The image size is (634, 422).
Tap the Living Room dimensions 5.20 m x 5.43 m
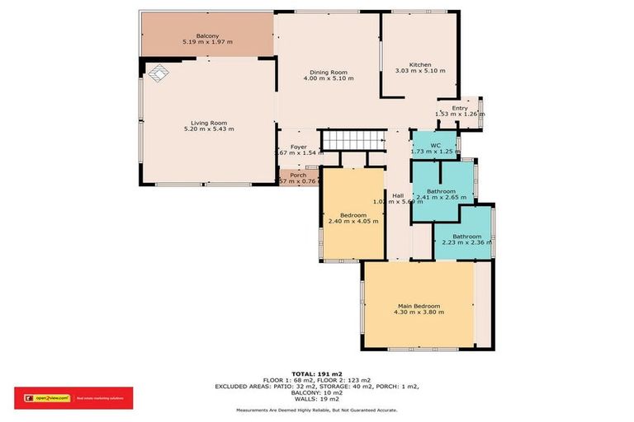(x=208, y=129)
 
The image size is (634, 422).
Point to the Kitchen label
(x=420, y=64)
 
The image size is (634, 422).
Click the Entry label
(x=459, y=108)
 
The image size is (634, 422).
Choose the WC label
(x=435, y=145)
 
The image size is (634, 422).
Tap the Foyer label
(x=298, y=147)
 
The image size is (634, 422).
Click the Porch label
(x=298, y=175)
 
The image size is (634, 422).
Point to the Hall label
(x=398, y=195)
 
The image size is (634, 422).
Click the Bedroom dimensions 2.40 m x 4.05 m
(x=353, y=221)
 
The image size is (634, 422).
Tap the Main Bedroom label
(x=419, y=306)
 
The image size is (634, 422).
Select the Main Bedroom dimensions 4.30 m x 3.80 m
(x=419, y=312)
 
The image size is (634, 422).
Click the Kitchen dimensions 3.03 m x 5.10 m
(x=420, y=72)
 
